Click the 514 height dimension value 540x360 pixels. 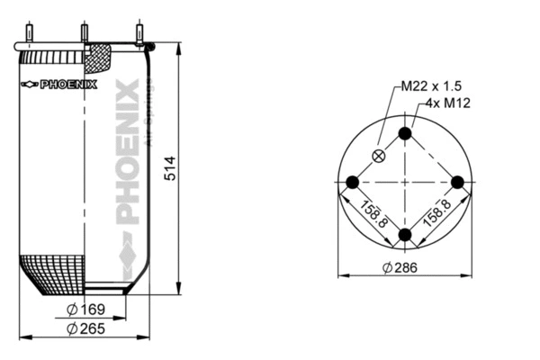coord(171,169)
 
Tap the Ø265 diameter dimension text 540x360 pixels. coord(87,328)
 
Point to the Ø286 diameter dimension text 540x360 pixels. coord(401,267)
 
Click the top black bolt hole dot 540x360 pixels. coord(405,134)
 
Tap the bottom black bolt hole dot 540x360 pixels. coord(405,236)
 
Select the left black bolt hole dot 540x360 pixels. coord(353,183)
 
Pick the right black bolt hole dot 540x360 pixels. coord(457,183)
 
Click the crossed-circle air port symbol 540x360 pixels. coord(379,156)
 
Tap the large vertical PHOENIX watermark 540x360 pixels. coord(128,153)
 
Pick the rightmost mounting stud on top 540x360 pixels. coord(139,34)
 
